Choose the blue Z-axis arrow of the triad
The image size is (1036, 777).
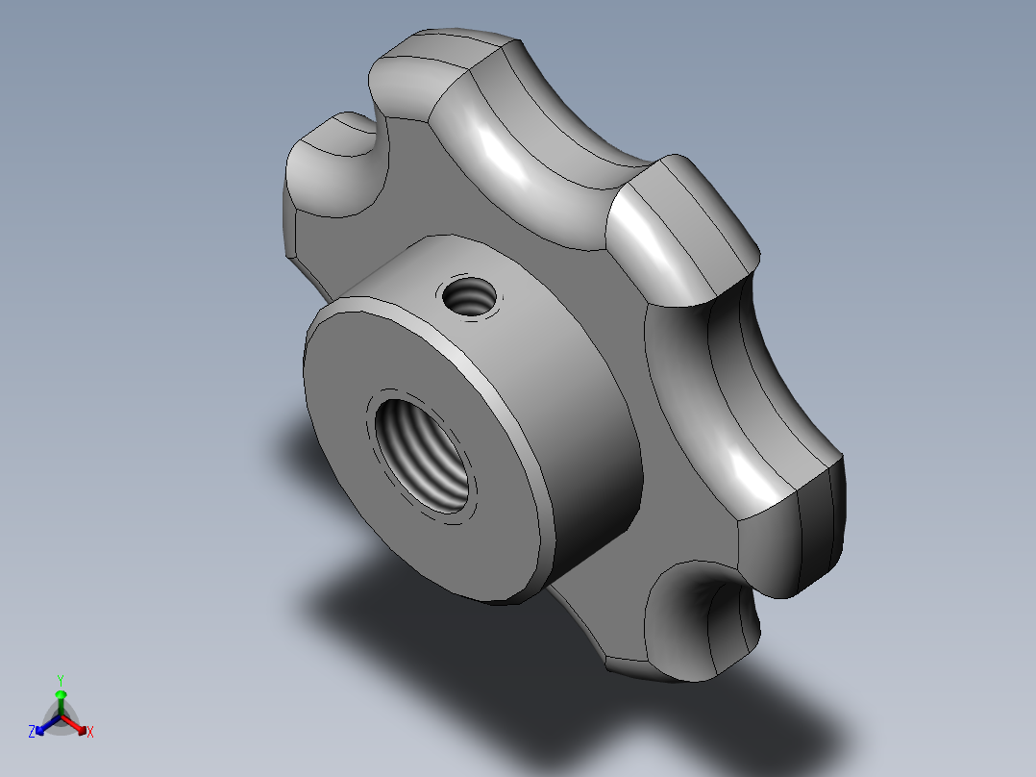pyautogui.click(x=43, y=727)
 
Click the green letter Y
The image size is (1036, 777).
pyautogui.click(x=61, y=678)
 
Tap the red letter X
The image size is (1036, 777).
pyautogui.click(x=90, y=733)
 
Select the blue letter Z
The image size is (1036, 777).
pyautogui.click(x=32, y=732)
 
